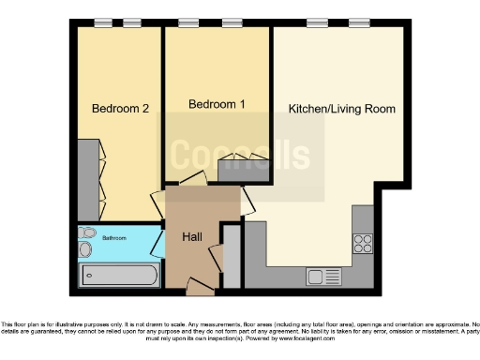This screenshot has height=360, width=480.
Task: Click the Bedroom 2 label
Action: [x=119, y=109]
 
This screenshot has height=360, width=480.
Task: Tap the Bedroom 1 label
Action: [x=217, y=104]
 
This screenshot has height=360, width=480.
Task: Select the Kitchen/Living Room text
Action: [x=341, y=109]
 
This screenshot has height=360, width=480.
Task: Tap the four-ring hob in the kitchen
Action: [x=362, y=244]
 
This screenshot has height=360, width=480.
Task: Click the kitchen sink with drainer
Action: [x=328, y=277]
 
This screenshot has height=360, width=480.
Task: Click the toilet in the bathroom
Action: [x=87, y=232]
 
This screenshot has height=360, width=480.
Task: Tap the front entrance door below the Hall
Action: [x=200, y=284]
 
